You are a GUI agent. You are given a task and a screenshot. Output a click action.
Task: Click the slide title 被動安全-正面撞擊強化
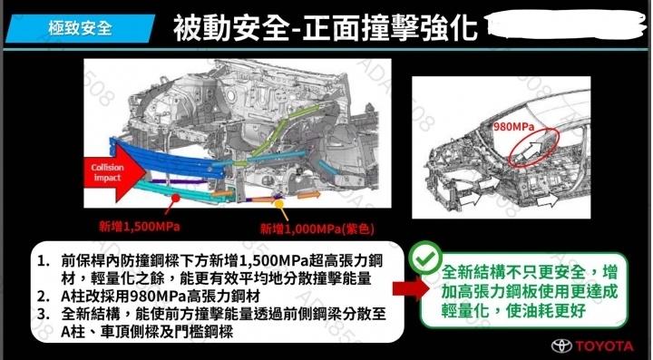(x=326, y=28)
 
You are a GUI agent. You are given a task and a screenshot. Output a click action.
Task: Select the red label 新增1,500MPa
(x=140, y=227)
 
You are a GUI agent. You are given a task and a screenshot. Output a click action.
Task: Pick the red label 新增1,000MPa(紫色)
(x=317, y=229)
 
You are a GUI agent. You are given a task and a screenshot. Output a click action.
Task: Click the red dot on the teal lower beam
(x=176, y=198)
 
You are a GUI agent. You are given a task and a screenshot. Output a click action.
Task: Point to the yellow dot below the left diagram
(x=279, y=203)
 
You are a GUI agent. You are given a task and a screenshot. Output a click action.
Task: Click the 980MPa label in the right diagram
(x=513, y=127)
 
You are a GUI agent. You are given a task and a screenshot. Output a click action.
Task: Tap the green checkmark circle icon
(x=425, y=258)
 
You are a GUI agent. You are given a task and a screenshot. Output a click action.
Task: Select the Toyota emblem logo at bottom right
(x=561, y=345)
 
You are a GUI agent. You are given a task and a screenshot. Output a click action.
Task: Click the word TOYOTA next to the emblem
(x=605, y=345)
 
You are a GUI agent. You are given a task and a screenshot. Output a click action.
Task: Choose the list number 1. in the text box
(x=44, y=261)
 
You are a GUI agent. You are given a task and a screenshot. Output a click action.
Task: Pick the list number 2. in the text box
(x=44, y=296)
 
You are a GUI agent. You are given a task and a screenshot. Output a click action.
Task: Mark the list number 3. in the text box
(x=44, y=314)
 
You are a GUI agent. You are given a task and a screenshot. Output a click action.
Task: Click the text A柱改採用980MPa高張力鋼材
(x=161, y=296)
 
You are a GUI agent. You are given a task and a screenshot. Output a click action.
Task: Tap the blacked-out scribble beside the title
(x=566, y=26)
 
